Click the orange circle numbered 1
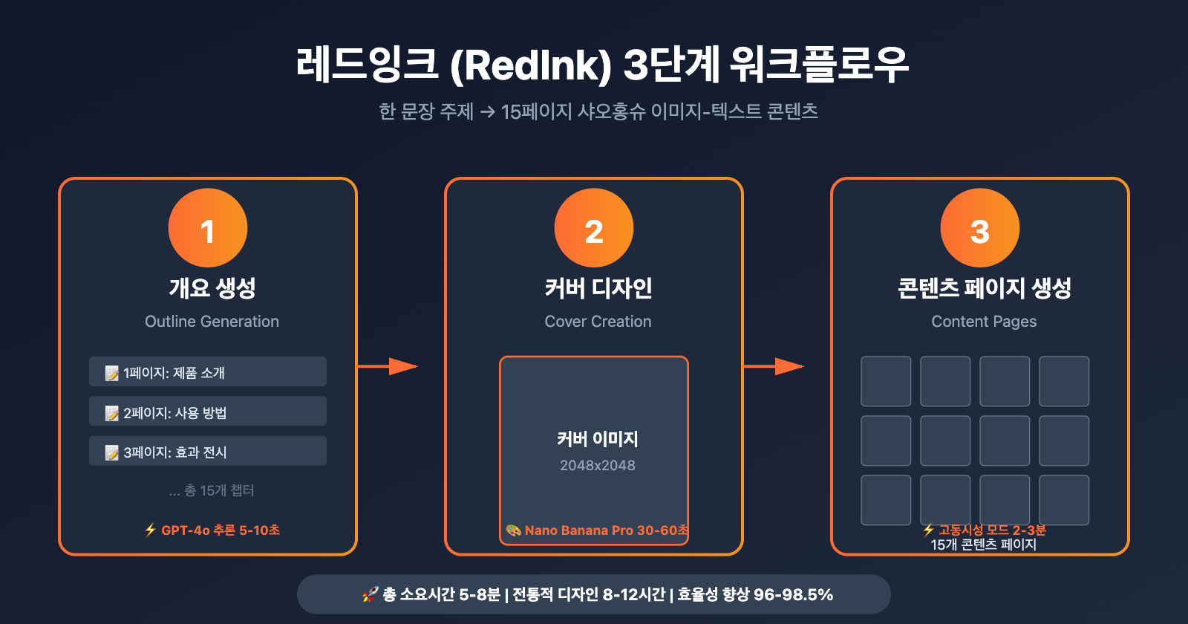coord(208,228)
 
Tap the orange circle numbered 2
coord(594,228)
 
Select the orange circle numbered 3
coord(980,228)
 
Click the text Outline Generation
coord(212,322)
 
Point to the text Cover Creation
coord(598,322)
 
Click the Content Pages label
coord(984,322)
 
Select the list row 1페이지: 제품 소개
coord(208,371)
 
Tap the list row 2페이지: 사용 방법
coord(208,412)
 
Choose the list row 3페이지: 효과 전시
coord(208,451)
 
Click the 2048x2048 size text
coord(598,466)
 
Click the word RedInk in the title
coord(530,65)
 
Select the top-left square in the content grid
coord(886,381)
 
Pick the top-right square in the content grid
coord(1064,381)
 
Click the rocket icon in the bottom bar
coord(370,594)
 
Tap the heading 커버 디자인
coord(598,288)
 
